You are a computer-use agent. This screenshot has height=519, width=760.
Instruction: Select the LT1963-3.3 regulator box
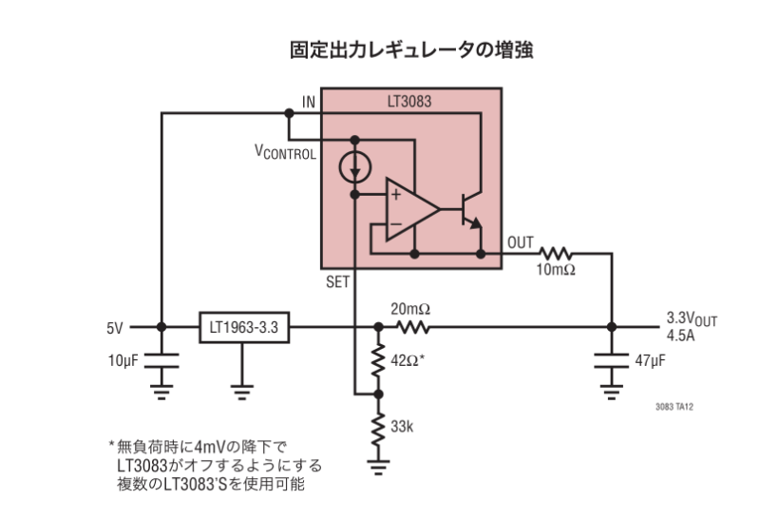click(x=243, y=328)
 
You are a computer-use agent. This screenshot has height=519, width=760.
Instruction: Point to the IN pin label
click(x=309, y=102)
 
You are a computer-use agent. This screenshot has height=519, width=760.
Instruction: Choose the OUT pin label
click(x=521, y=241)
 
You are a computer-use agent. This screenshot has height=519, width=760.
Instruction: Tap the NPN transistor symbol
click(x=470, y=210)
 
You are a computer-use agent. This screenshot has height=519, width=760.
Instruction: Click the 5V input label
click(x=115, y=328)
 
